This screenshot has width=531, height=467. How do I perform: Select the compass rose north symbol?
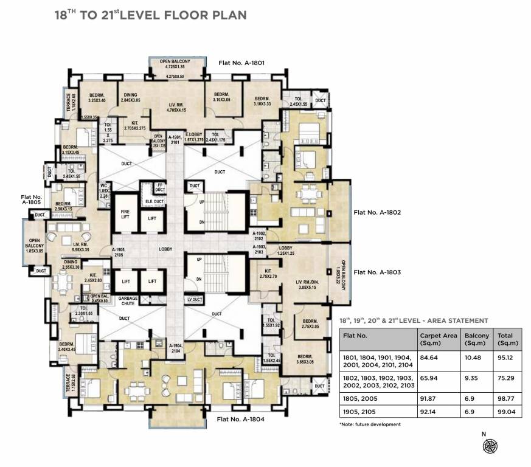tap(489, 446)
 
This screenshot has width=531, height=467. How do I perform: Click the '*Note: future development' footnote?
tap(370, 424)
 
